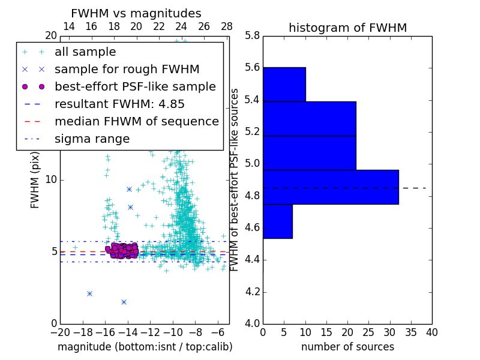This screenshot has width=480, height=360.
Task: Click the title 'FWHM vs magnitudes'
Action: point(136,13)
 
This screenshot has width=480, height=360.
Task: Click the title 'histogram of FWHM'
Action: point(347,28)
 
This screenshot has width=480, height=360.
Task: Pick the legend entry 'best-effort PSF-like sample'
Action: point(135,86)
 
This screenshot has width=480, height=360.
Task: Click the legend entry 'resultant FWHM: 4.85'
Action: point(119,104)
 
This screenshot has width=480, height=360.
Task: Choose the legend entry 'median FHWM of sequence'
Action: point(136,121)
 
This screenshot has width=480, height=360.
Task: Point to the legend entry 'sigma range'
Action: point(92,139)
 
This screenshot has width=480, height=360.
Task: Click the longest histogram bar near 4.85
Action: point(331,187)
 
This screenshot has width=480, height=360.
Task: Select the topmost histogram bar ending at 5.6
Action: point(284,84)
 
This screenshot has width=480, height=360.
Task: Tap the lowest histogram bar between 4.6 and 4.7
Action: point(277,221)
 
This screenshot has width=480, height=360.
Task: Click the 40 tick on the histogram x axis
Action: point(431,332)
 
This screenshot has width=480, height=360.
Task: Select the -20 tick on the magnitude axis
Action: point(60,332)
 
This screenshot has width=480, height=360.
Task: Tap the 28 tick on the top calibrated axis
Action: point(227,27)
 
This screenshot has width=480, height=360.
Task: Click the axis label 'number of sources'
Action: point(347,347)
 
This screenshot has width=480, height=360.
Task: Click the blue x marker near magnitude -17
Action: point(89,293)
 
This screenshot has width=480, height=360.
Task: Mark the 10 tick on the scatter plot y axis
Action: point(51,179)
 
